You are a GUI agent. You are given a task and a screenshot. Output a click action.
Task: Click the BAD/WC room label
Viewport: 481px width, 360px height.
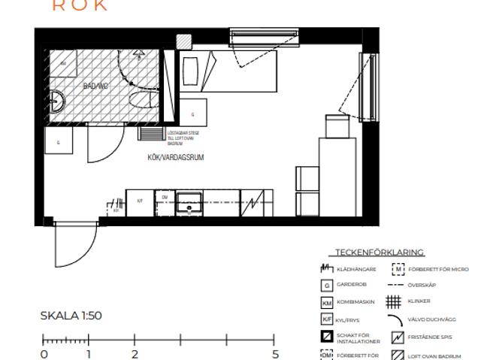[x=96, y=86]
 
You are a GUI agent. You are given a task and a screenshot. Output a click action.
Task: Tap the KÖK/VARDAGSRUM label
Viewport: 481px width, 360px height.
[x=176, y=158]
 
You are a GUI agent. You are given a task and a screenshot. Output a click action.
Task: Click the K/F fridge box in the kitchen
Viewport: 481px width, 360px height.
[x=139, y=202]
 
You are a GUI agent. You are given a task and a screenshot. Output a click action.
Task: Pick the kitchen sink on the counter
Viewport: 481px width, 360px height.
[x=189, y=203]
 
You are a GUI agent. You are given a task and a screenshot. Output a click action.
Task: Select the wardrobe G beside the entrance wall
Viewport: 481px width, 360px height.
[x=58, y=141]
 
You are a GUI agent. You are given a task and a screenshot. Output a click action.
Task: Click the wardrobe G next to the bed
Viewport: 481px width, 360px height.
[x=192, y=113]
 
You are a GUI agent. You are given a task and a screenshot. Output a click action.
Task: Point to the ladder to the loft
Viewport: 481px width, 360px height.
[x=151, y=132]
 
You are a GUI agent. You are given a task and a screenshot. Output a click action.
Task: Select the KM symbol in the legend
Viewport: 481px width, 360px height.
[x=327, y=302]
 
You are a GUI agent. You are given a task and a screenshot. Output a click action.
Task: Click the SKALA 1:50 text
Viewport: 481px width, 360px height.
[x=71, y=316]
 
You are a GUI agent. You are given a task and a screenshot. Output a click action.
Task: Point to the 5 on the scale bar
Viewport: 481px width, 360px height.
[x=275, y=354]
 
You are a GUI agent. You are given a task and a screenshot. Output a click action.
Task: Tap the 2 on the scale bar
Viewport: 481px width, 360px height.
[x=135, y=354]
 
